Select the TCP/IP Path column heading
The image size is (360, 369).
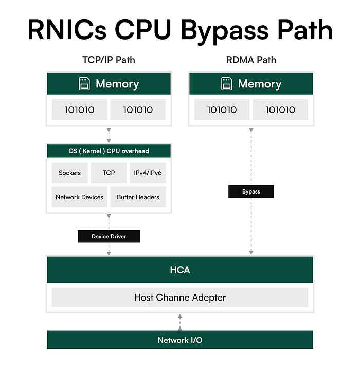109,60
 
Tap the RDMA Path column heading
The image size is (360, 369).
251,60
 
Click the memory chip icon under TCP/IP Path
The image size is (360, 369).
84,84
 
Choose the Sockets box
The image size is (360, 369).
69,173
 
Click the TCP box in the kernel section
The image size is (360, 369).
109,173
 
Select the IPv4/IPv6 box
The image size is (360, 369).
148,173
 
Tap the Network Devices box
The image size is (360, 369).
79,197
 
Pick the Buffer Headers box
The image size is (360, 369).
138,197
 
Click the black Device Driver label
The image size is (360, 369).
109,236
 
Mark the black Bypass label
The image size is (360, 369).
251,191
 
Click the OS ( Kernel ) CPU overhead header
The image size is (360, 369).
109,151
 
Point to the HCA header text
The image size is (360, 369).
179,270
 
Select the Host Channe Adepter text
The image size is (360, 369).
179,297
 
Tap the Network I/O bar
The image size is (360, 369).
179,340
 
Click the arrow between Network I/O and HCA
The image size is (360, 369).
179,322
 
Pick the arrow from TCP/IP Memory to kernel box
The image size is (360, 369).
109,135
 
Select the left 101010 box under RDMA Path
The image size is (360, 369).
222,110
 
